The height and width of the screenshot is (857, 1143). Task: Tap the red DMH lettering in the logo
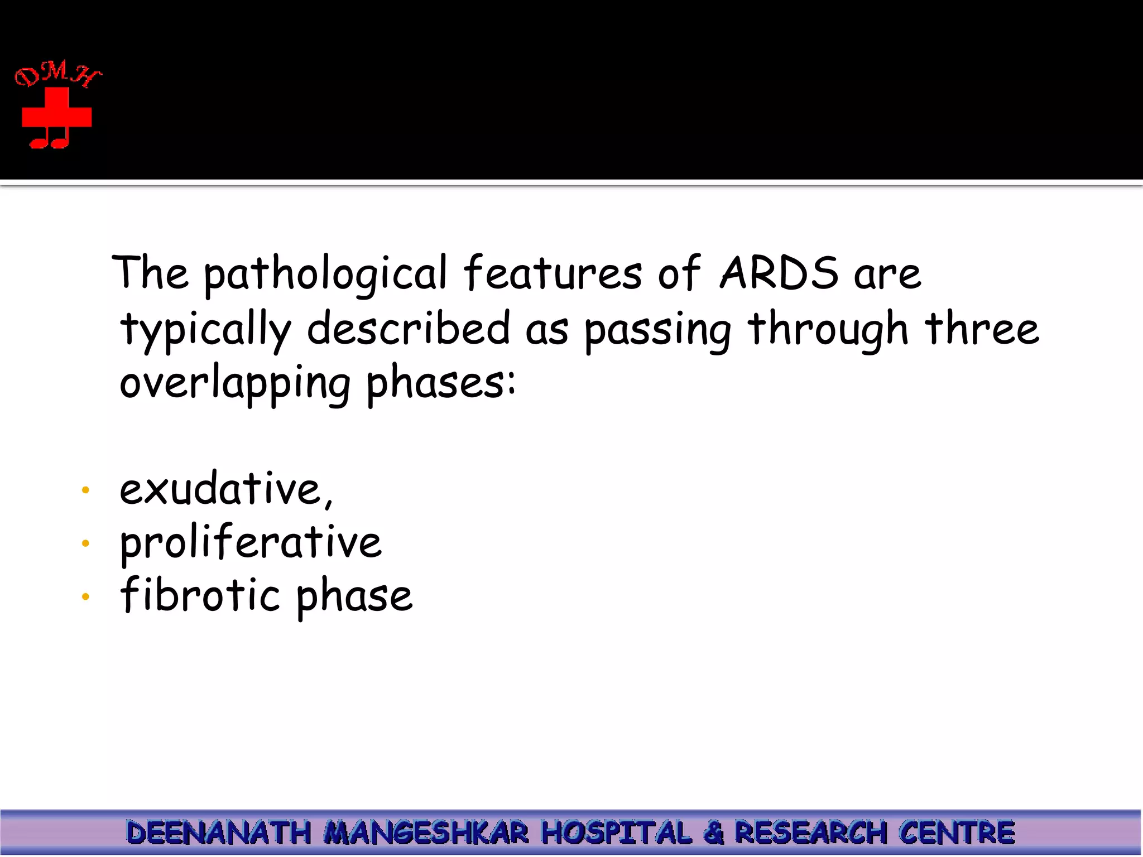click(x=57, y=74)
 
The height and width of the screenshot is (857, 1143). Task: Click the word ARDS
click(x=779, y=273)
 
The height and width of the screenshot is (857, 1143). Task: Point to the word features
click(x=553, y=273)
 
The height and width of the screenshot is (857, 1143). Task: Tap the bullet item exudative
click(x=225, y=489)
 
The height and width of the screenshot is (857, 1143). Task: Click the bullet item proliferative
click(x=251, y=543)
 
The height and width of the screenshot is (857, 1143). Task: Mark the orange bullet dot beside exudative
click(x=85, y=490)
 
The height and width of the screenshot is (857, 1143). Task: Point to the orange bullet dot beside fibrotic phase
click(x=85, y=596)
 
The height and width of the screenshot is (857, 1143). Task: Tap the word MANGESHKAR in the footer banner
click(x=426, y=833)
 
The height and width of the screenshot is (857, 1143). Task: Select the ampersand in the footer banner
click(x=713, y=833)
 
